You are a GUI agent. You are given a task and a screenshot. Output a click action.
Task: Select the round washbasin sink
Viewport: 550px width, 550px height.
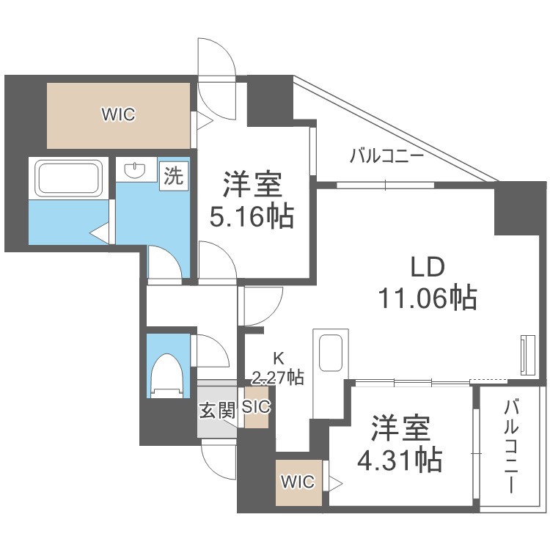pos(134,171)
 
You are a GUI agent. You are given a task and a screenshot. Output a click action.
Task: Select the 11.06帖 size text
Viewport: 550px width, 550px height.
pos(427,298)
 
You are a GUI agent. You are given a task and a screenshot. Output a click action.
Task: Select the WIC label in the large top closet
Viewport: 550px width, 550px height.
pos(118,114)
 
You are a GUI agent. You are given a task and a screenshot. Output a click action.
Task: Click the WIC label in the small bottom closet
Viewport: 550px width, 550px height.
pos(298,482)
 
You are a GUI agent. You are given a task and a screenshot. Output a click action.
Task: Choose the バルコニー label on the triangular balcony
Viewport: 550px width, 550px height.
pos(386,155)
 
